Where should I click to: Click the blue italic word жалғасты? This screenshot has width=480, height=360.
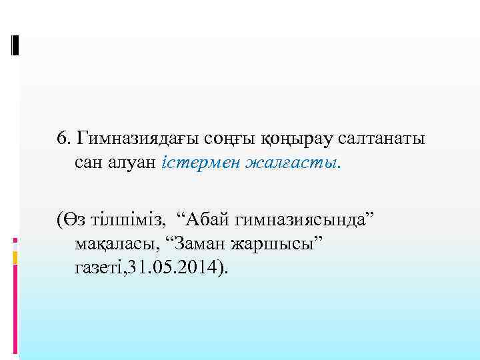288,161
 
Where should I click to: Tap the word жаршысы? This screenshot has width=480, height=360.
283,243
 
